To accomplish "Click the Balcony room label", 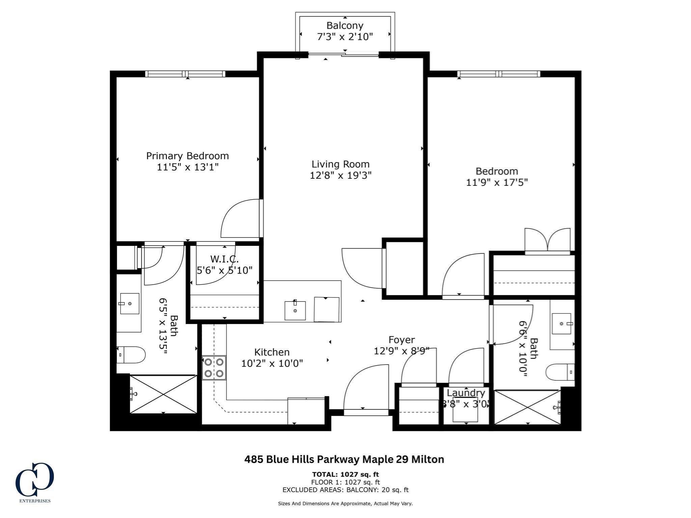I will tap(344, 26).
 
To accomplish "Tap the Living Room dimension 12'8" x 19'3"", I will tap(340, 175).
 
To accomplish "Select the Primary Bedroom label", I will tap(187, 156).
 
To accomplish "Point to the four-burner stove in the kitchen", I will tap(214, 368).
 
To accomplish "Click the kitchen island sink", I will tap(295, 311).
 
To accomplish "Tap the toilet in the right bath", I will tap(560, 372).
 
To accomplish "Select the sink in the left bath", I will tap(130, 304).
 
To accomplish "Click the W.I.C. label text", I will tap(224, 259).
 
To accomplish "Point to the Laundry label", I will tap(466, 393).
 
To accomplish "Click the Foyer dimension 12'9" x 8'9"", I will tap(401, 351).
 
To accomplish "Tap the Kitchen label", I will tap(272, 352).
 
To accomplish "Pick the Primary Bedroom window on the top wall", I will tap(185, 74).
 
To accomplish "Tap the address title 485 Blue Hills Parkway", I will tap(344, 459).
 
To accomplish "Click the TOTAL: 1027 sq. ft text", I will tap(345, 474).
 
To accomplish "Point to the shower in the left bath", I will tap(163, 394).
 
